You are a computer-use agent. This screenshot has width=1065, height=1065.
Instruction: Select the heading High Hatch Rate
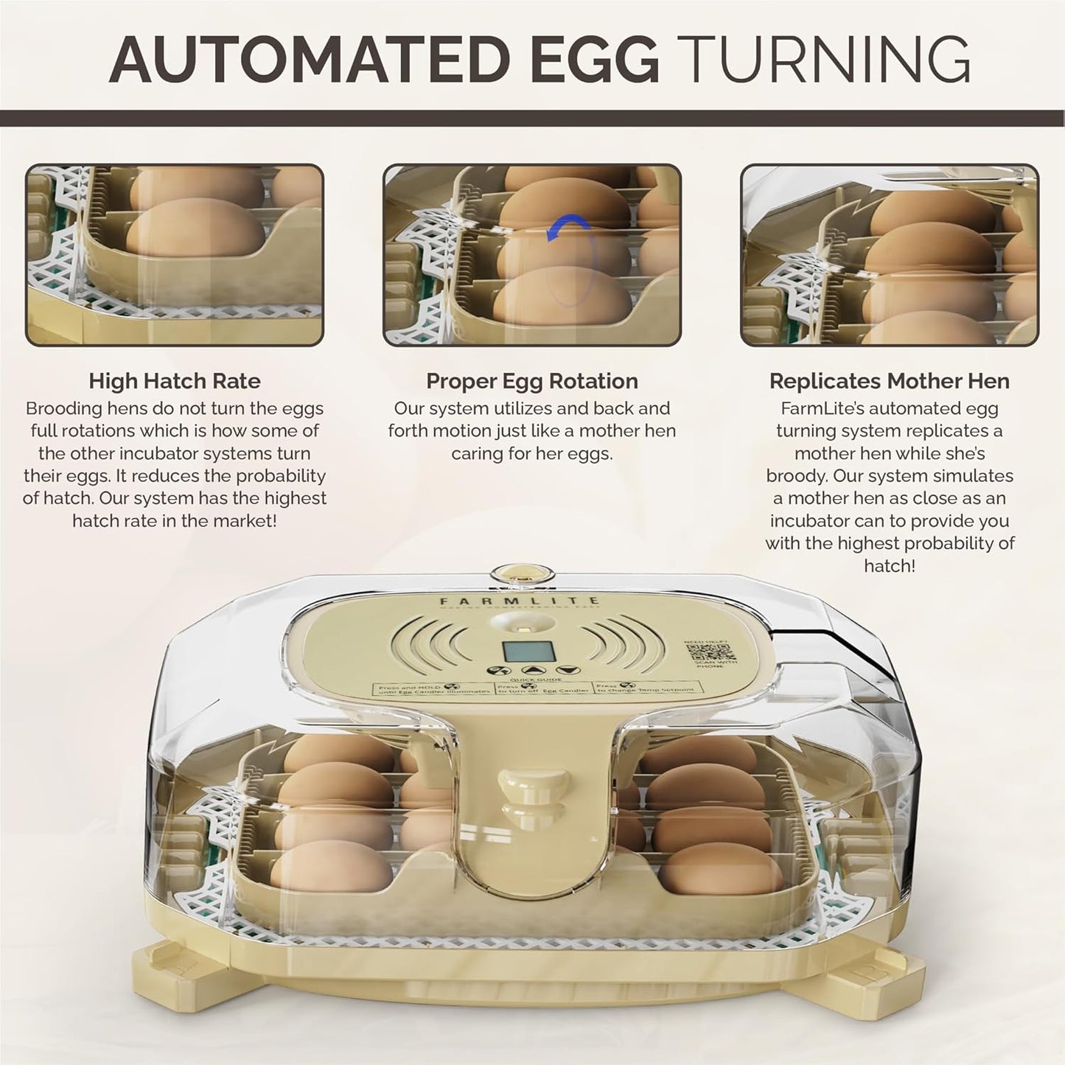coord(175,381)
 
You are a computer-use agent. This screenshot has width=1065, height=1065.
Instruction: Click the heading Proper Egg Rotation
coord(532,381)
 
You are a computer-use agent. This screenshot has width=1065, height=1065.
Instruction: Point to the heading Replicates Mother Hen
coord(890,381)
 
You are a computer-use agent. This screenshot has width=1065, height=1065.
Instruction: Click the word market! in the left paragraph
coord(241,521)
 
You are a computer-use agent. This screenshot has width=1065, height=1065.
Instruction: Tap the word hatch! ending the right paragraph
coord(890,566)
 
